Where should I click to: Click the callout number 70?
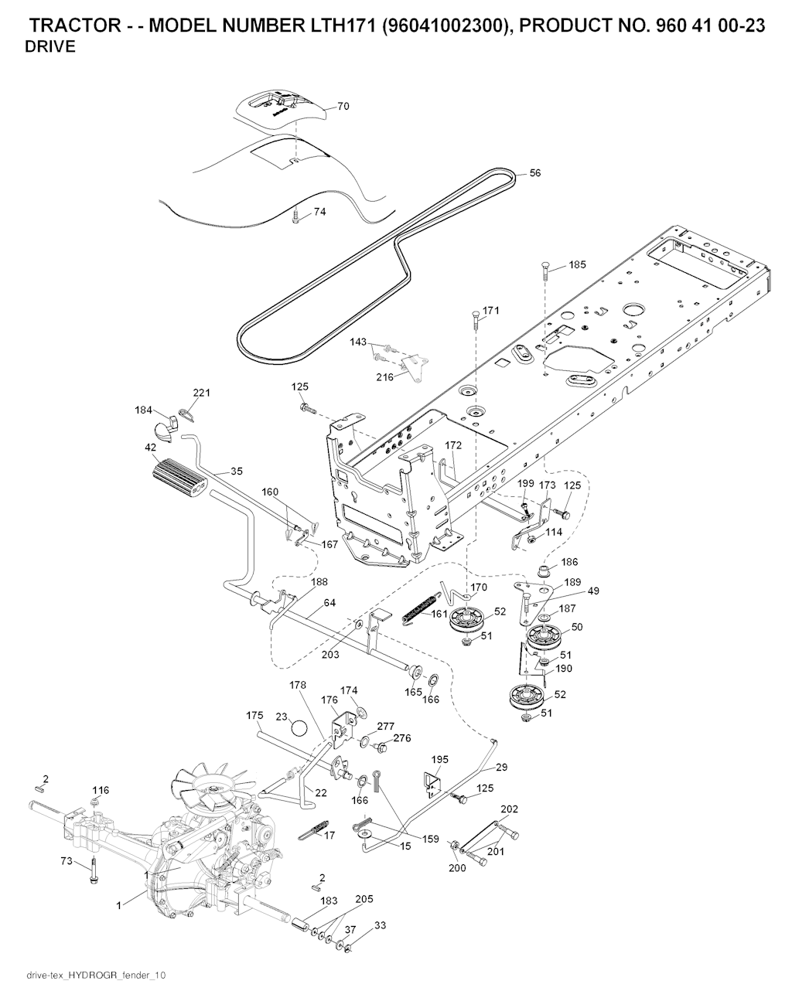pyautogui.click(x=343, y=107)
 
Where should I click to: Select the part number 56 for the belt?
pyautogui.click(x=534, y=173)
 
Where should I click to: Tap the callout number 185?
pyautogui.click(x=577, y=264)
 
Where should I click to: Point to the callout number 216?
pyautogui.click(x=384, y=377)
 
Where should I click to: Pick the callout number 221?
pyautogui.click(x=201, y=393)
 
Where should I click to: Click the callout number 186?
pyautogui.click(x=569, y=562)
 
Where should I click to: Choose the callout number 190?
pyautogui.click(x=564, y=668)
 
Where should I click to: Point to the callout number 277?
pyautogui.click(x=385, y=726)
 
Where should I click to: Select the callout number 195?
pyautogui.click(x=439, y=760)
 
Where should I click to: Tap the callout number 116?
pyautogui.click(x=101, y=790)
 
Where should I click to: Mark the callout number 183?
pyautogui.click(x=329, y=901)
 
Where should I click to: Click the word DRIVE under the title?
pyautogui.click(x=50, y=47)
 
